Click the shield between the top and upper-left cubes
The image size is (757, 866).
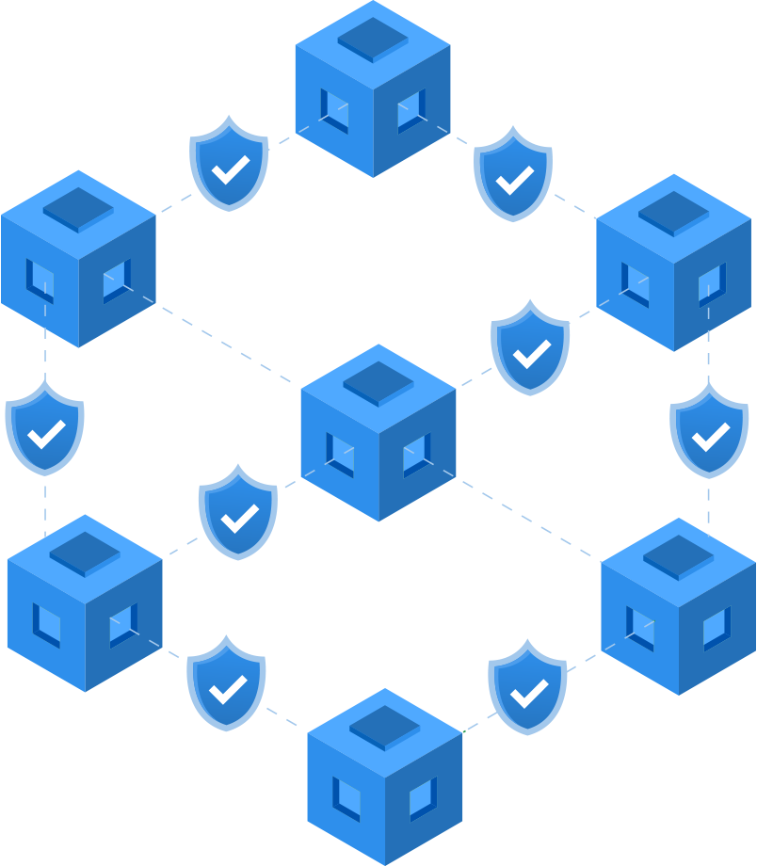229,164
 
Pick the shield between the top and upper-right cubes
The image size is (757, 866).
513,175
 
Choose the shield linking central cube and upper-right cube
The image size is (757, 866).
530,348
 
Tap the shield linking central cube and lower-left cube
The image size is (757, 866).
238,513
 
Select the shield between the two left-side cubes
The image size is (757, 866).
44,428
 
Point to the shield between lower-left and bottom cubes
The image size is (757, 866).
226,684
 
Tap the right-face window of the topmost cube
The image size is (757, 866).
411,110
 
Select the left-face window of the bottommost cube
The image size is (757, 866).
346,799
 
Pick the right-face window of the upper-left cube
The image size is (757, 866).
116,281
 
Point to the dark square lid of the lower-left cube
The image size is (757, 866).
85,553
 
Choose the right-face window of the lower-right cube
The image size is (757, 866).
716,628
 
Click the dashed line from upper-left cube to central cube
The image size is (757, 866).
226,344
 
